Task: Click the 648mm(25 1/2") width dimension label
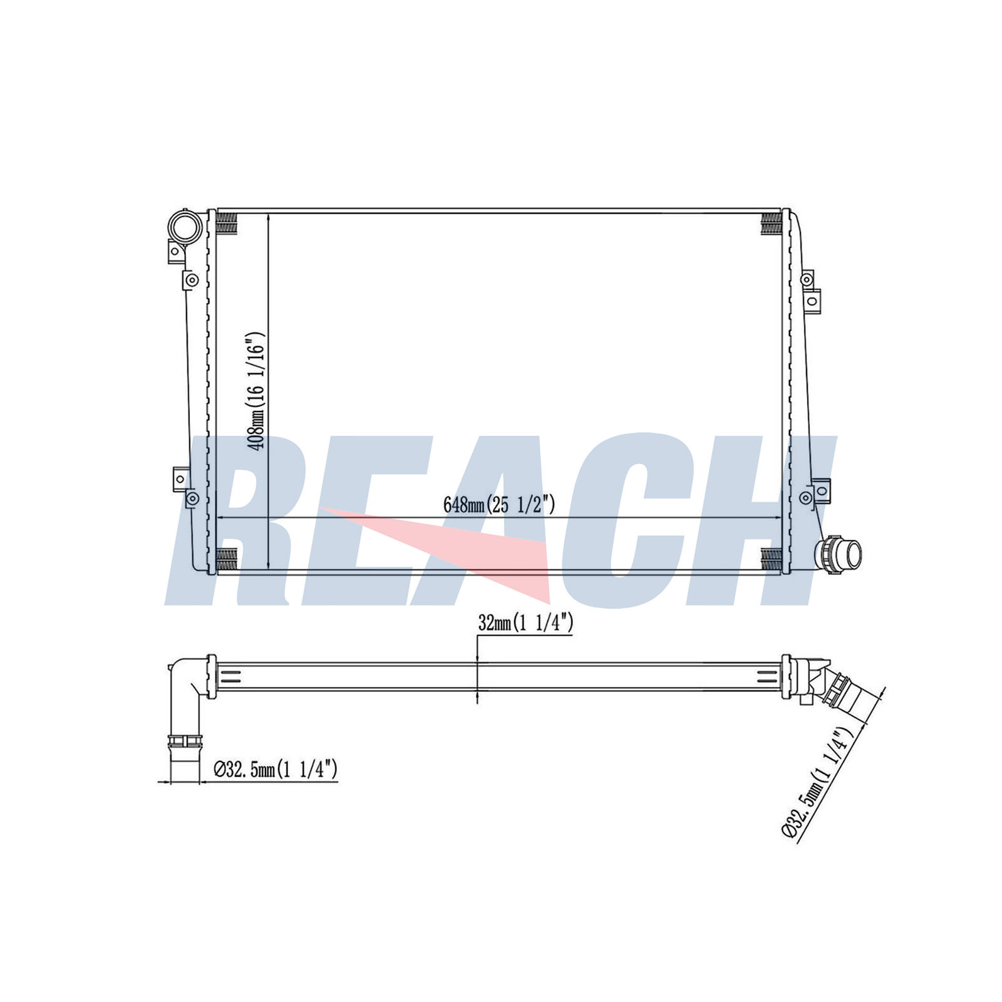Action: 499,504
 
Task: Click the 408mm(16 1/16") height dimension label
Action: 257,390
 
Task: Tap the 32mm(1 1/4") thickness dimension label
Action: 525,622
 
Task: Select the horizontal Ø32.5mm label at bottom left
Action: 276,768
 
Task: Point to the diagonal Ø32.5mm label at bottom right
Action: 819,781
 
